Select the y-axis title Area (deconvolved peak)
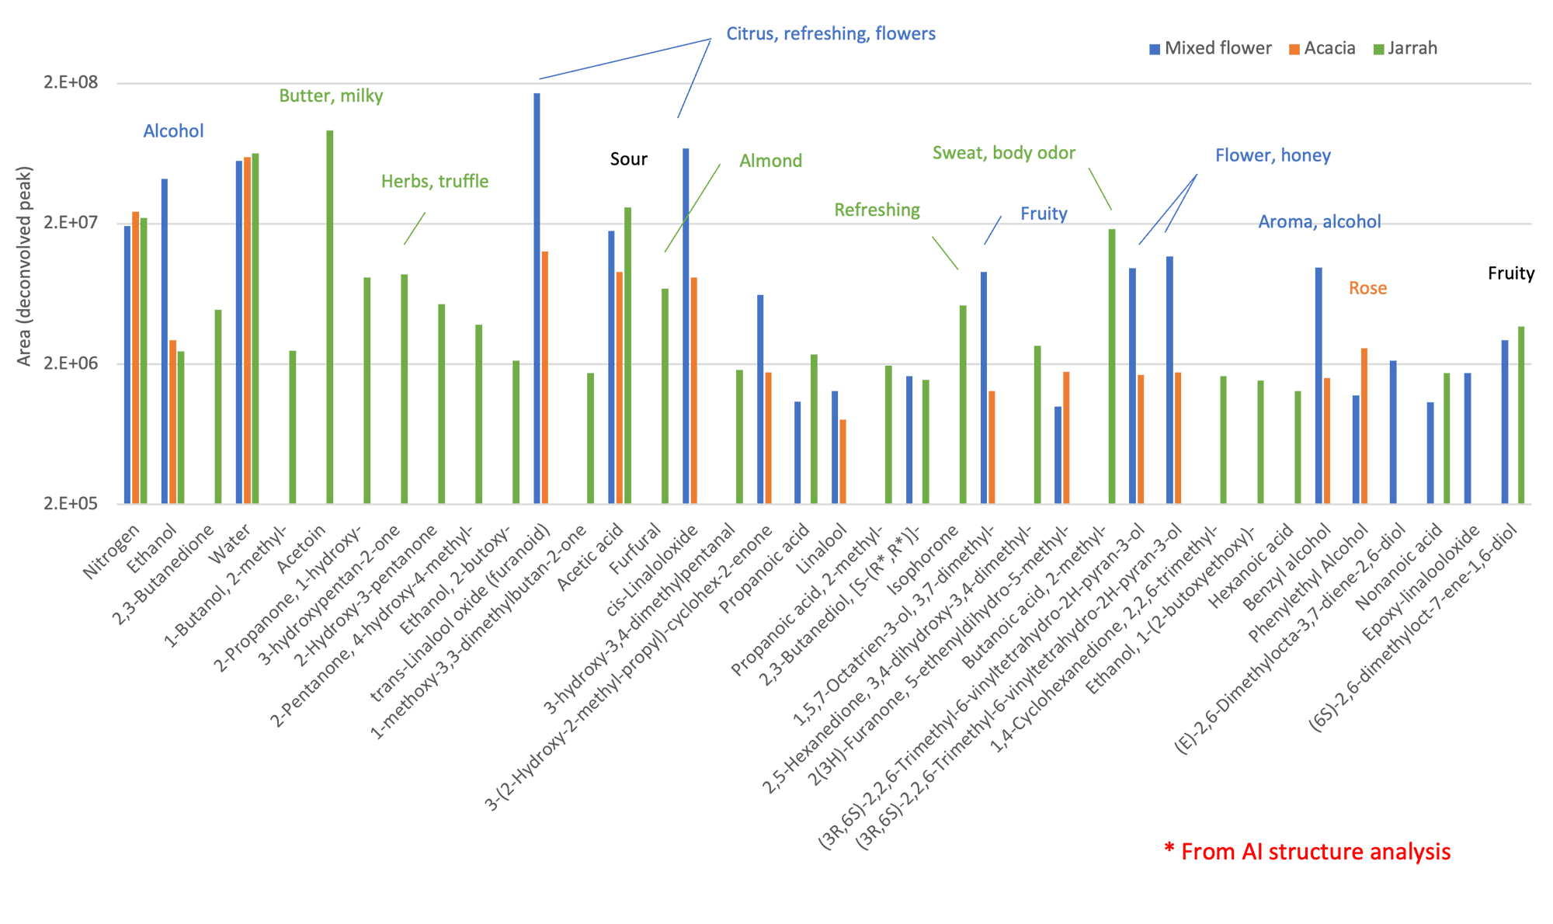point(24,266)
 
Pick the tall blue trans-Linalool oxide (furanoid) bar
point(537,298)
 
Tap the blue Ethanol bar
point(165,342)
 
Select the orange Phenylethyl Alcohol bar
point(1364,426)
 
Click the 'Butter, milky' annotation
point(331,96)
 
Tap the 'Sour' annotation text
point(628,160)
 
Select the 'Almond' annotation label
point(770,162)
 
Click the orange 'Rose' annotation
point(1367,289)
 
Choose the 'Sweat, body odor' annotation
point(1003,153)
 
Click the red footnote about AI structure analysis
point(1307,852)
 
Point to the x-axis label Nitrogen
point(113,551)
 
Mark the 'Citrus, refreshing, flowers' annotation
point(831,34)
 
